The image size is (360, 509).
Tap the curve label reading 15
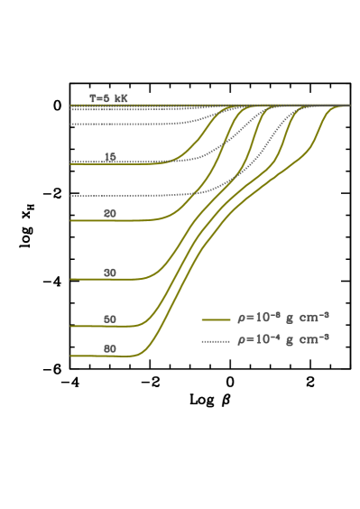[110, 157]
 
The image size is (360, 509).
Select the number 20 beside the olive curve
[110, 214]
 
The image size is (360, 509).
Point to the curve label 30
[110, 273]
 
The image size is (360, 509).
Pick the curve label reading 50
[110, 319]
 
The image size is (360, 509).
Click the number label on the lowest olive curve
[110, 349]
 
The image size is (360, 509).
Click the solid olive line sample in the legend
[216, 319]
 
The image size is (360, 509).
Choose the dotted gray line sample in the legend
[216, 341]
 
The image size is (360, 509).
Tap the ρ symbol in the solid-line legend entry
[241, 319]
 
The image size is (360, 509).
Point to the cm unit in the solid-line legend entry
[309, 319]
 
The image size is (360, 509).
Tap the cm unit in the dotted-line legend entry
[309, 341]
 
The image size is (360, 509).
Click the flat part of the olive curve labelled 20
[90, 220]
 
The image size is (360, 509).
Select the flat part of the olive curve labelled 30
[90, 280]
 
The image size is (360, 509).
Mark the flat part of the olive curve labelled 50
[90, 326]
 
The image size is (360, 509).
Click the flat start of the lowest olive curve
[90, 356]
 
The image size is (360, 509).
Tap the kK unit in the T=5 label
[121, 97]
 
